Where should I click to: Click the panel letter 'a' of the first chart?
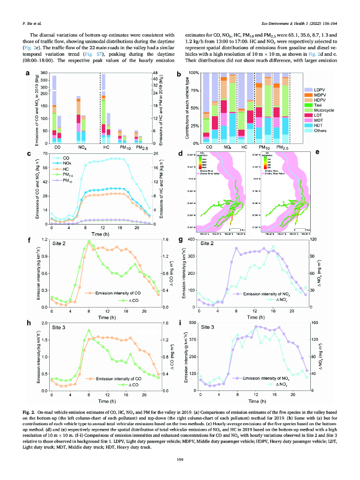click(x=28, y=74)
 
